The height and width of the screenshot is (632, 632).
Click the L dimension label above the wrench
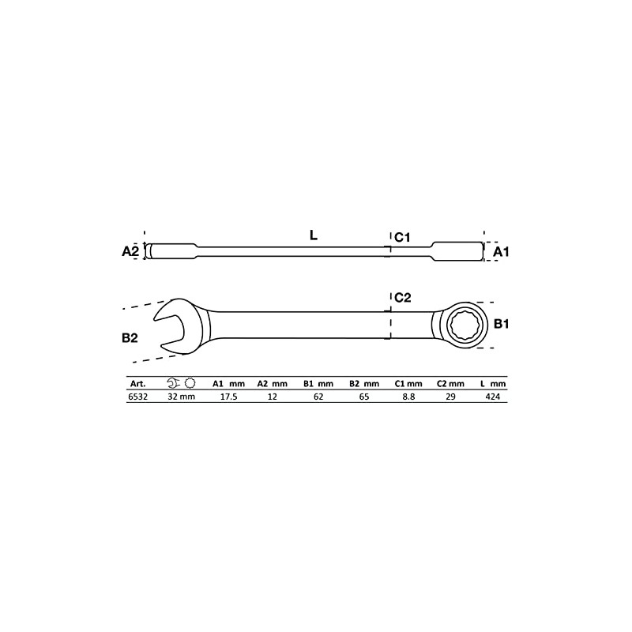(314, 235)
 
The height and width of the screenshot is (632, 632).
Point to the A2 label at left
(130, 252)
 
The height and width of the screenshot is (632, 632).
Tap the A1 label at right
(501, 252)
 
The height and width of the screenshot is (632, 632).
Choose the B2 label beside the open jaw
(130, 337)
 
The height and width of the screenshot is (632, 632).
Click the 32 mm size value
(181, 397)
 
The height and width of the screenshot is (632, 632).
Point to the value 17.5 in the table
(228, 397)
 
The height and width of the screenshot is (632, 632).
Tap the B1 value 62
(318, 397)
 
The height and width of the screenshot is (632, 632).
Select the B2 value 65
(363, 397)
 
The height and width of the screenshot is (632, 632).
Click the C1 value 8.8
(408, 397)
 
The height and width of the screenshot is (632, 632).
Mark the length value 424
(493, 397)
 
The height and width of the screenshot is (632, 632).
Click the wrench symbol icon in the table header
(174, 383)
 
